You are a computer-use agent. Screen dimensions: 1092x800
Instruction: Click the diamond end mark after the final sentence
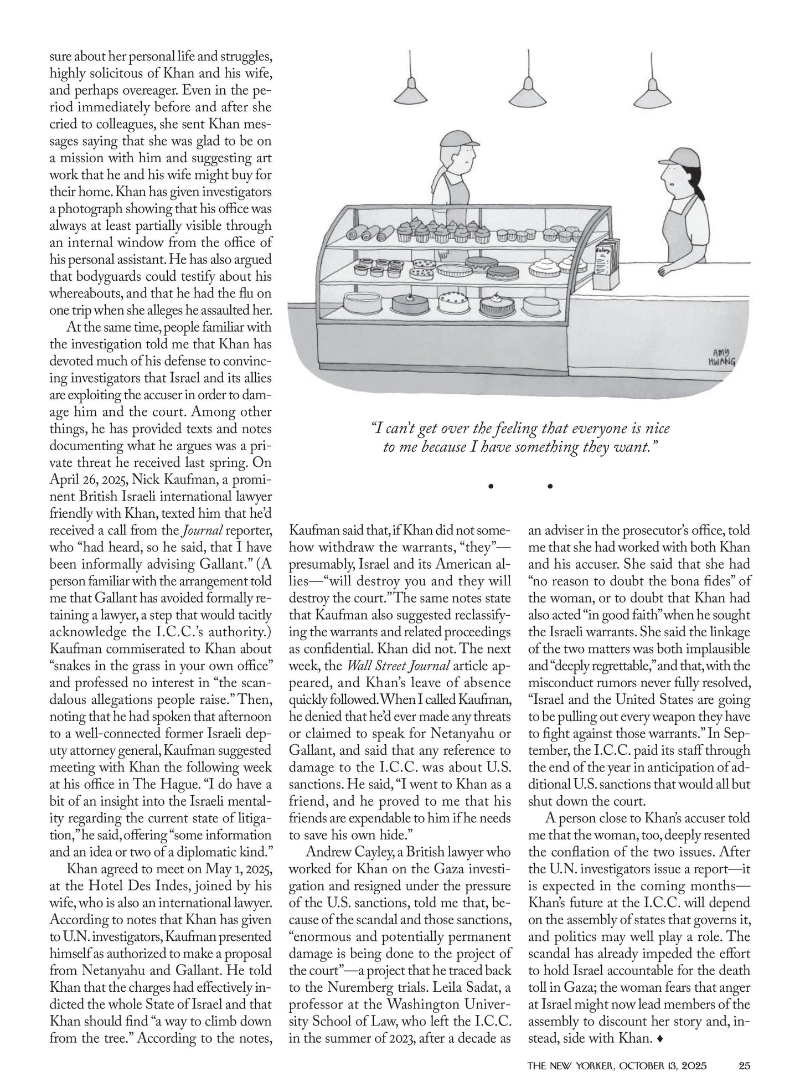(658, 1039)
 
